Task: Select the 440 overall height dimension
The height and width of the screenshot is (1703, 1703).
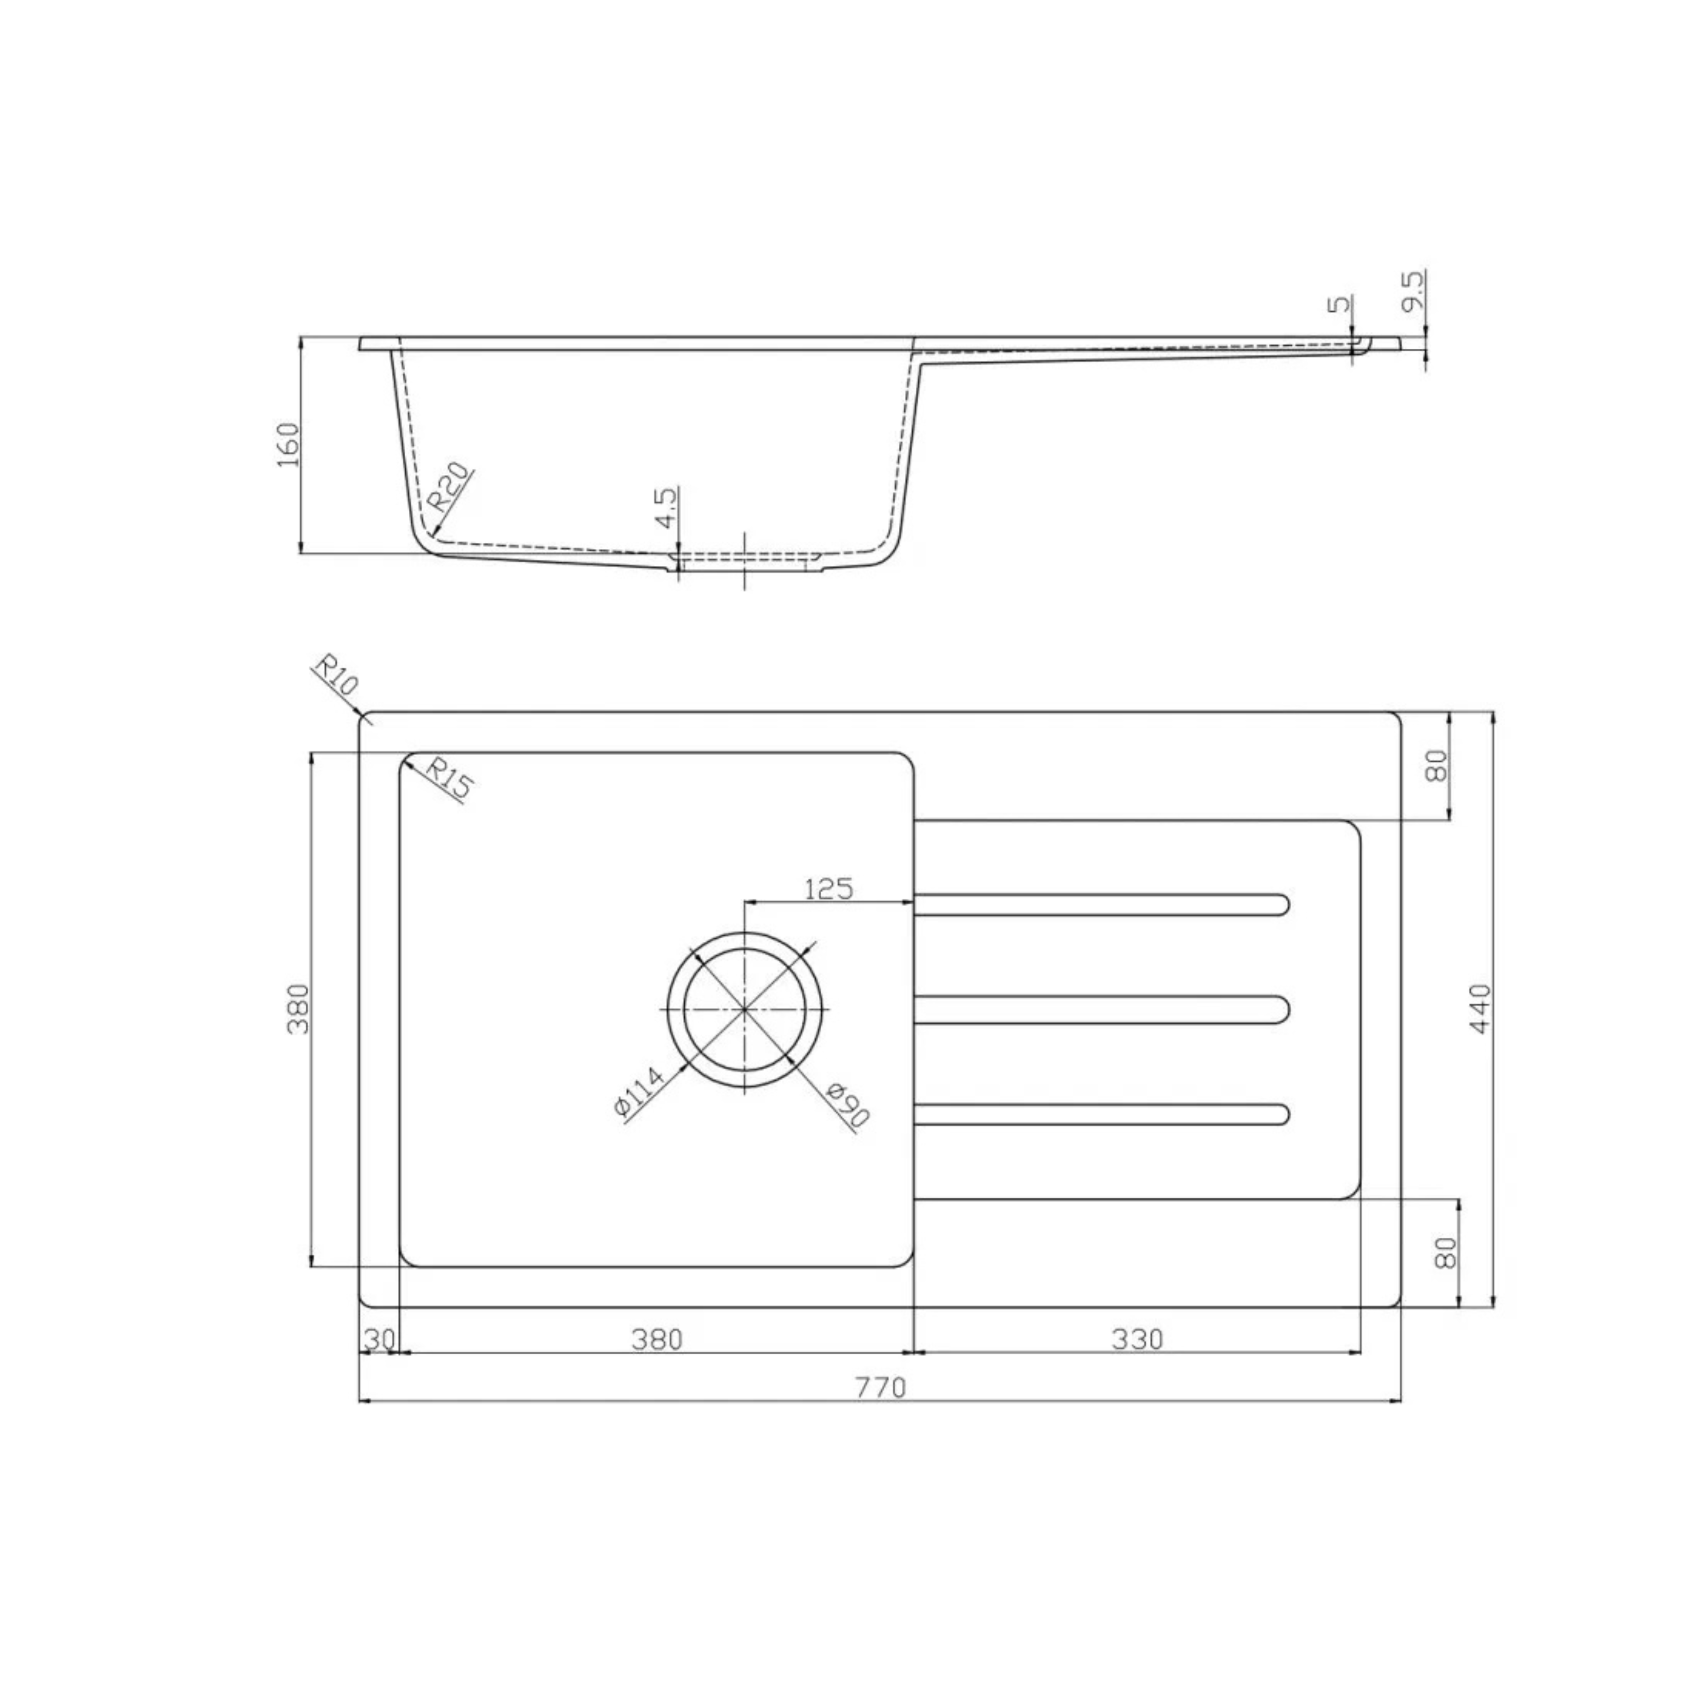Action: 1479,1009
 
